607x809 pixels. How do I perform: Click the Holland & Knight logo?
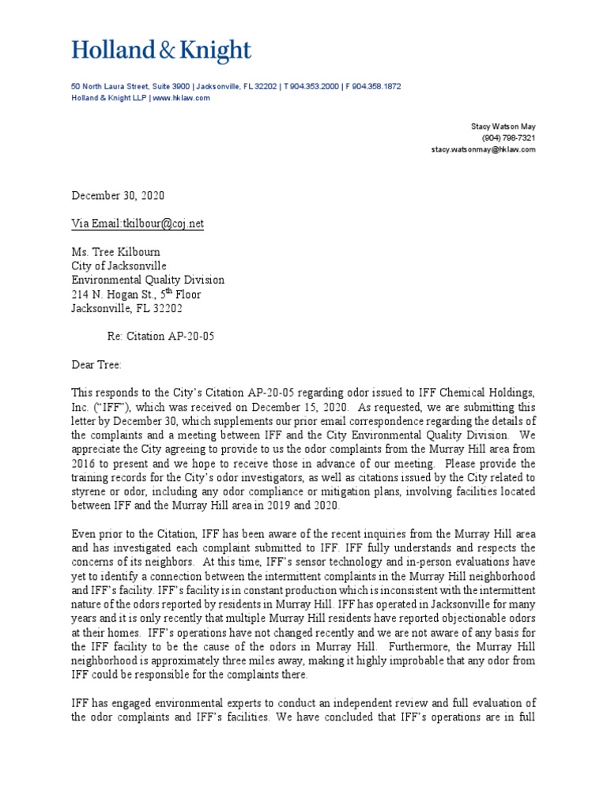[161, 51]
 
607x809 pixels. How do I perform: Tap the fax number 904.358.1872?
[375, 86]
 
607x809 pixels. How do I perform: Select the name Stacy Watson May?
[503, 126]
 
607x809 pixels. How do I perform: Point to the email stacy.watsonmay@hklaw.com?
[483, 149]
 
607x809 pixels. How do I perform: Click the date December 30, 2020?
[119, 196]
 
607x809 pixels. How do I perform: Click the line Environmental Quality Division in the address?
[148, 280]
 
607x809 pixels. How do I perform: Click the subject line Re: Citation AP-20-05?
[160, 336]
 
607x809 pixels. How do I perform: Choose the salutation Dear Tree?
[98, 364]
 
